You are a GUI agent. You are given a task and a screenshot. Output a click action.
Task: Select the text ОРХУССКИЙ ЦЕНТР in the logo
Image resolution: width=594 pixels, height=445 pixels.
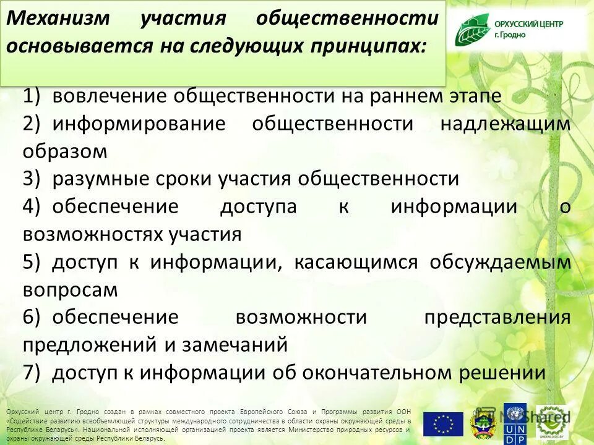528,24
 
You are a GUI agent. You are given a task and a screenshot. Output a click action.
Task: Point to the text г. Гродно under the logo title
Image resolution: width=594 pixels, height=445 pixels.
510,35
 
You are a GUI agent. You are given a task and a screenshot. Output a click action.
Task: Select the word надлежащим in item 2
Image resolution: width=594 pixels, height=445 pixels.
505,124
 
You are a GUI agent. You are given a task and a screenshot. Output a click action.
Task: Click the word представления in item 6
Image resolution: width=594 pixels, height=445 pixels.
497,317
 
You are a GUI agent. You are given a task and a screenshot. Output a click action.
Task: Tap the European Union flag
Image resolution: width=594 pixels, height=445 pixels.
443,424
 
